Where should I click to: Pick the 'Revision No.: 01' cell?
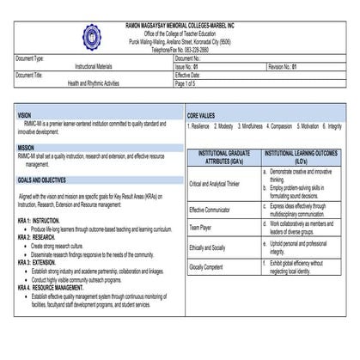[282, 66]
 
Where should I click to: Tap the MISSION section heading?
[27, 148]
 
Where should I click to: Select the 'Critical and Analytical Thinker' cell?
[215, 183]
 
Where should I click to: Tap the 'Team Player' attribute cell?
[200, 227]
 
